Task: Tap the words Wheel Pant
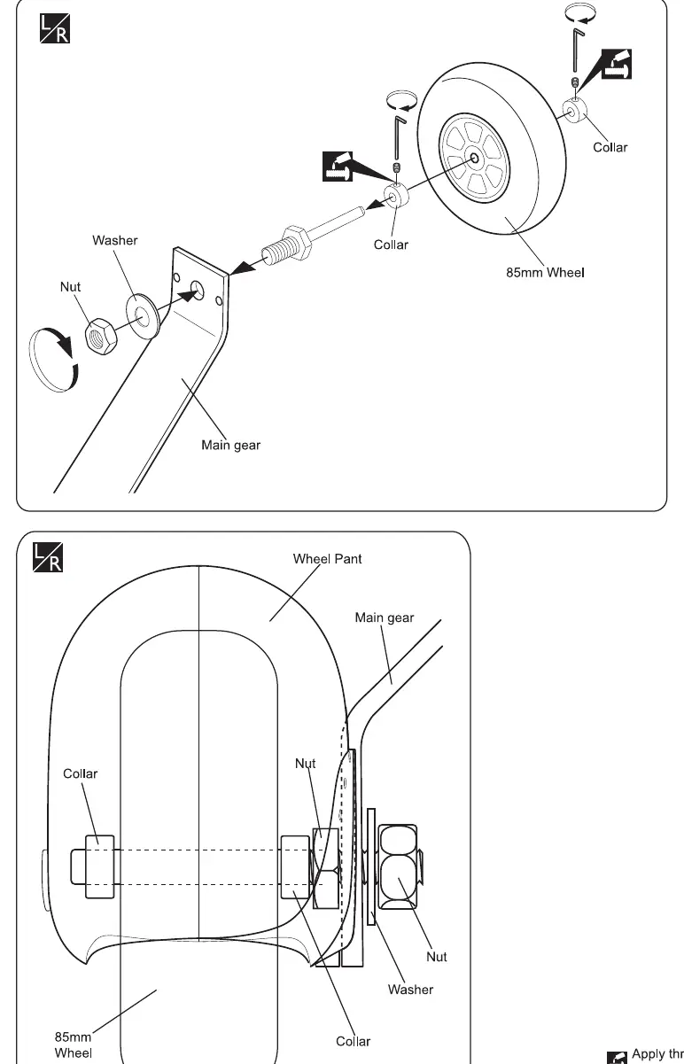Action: point(327,559)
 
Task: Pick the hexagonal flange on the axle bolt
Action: point(298,241)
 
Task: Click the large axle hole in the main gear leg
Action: point(198,290)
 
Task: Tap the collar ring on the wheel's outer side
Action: point(575,111)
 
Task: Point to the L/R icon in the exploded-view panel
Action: point(55,28)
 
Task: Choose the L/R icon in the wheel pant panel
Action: point(48,557)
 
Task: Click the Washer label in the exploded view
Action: point(115,240)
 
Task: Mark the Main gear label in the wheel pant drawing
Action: point(385,617)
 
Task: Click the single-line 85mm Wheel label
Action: point(545,273)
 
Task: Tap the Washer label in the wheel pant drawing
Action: point(410,990)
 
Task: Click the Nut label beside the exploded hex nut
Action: point(70,287)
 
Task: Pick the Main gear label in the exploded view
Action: point(231,445)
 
